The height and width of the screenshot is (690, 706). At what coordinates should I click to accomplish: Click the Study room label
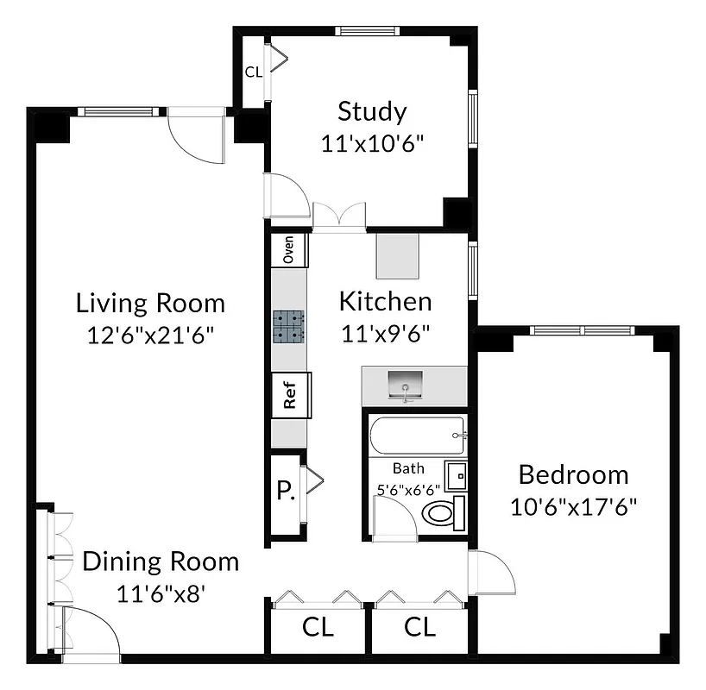click(371, 112)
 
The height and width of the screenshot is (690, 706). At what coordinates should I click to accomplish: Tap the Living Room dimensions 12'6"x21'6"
click(151, 335)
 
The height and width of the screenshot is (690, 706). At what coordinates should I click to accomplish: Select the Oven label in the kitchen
click(289, 250)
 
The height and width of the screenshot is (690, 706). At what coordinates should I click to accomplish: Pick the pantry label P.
click(285, 492)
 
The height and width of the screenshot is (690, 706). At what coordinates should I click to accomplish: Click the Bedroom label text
click(573, 474)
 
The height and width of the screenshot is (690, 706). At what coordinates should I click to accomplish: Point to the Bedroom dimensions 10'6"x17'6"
click(573, 505)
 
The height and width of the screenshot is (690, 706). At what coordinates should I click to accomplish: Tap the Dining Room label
click(161, 561)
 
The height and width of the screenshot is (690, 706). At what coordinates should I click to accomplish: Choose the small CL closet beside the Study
click(253, 72)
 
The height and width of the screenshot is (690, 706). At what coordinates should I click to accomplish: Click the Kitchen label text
click(385, 301)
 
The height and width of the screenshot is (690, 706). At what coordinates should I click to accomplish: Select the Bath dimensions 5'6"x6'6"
click(408, 489)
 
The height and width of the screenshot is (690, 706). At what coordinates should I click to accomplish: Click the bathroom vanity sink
click(455, 474)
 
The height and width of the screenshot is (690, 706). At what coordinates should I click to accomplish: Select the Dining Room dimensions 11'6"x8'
click(161, 593)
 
